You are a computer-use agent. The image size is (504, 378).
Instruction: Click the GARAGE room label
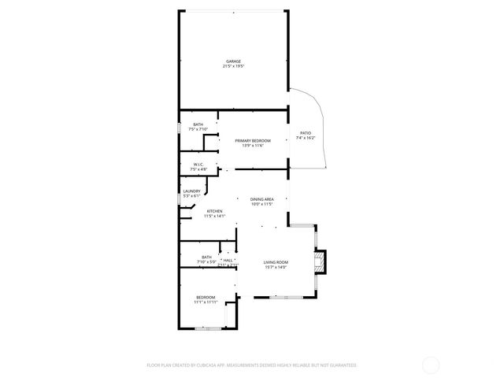(x=233, y=61)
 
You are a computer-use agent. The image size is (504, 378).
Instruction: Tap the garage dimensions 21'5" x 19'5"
(x=233, y=67)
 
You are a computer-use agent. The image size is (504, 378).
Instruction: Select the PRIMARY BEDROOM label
(x=252, y=140)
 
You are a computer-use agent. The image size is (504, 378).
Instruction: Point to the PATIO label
(x=305, y=133)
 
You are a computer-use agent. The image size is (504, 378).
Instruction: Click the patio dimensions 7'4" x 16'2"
(x=305, y=139)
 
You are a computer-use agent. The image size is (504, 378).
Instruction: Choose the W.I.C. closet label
(x=198, y=165)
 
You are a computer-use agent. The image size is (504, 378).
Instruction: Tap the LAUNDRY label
(x=191, y=191)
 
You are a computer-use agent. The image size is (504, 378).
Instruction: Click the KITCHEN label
(x=214, y=210)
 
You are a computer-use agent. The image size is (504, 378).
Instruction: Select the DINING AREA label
(x=261, y=199)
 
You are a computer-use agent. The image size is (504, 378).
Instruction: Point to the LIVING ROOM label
(x=275, y=262)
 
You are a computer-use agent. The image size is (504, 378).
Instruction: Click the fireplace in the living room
(x=319, y=261)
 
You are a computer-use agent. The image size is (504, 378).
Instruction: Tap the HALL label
(x=228, y=260)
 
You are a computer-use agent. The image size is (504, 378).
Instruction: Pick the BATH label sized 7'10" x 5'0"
(x=206, y=257)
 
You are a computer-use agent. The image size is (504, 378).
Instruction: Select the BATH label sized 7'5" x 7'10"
(x=198, y=124)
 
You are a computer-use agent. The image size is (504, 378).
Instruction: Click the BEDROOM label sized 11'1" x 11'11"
(x=205, y=297)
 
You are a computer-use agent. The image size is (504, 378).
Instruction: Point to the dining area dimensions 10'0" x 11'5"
(x=261, y=205)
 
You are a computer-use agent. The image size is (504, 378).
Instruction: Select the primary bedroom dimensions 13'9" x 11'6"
(x=252, y=146)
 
